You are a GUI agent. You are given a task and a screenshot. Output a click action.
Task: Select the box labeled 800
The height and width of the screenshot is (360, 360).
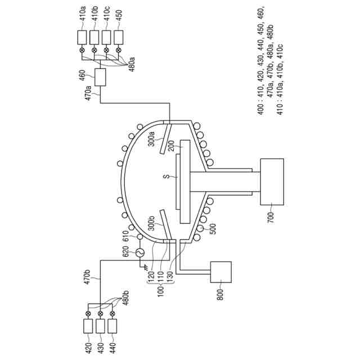point(220,273)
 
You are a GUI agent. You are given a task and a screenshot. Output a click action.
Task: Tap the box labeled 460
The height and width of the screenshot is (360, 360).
point(100,78)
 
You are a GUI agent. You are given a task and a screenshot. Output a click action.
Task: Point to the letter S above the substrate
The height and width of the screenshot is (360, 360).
point(166,177)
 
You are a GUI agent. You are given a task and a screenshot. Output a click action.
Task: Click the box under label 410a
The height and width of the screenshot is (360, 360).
point(82,37)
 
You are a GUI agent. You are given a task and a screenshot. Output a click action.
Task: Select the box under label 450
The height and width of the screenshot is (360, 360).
point(119,37)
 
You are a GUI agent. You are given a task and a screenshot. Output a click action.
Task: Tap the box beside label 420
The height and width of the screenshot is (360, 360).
point(88,326)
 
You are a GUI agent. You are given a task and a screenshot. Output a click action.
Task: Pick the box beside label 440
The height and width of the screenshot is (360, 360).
point(112,326)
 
